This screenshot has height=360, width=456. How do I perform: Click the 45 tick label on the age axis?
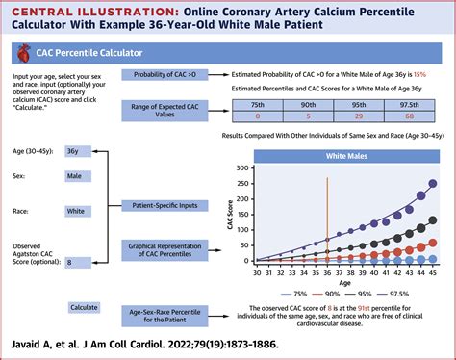[433, 272]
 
